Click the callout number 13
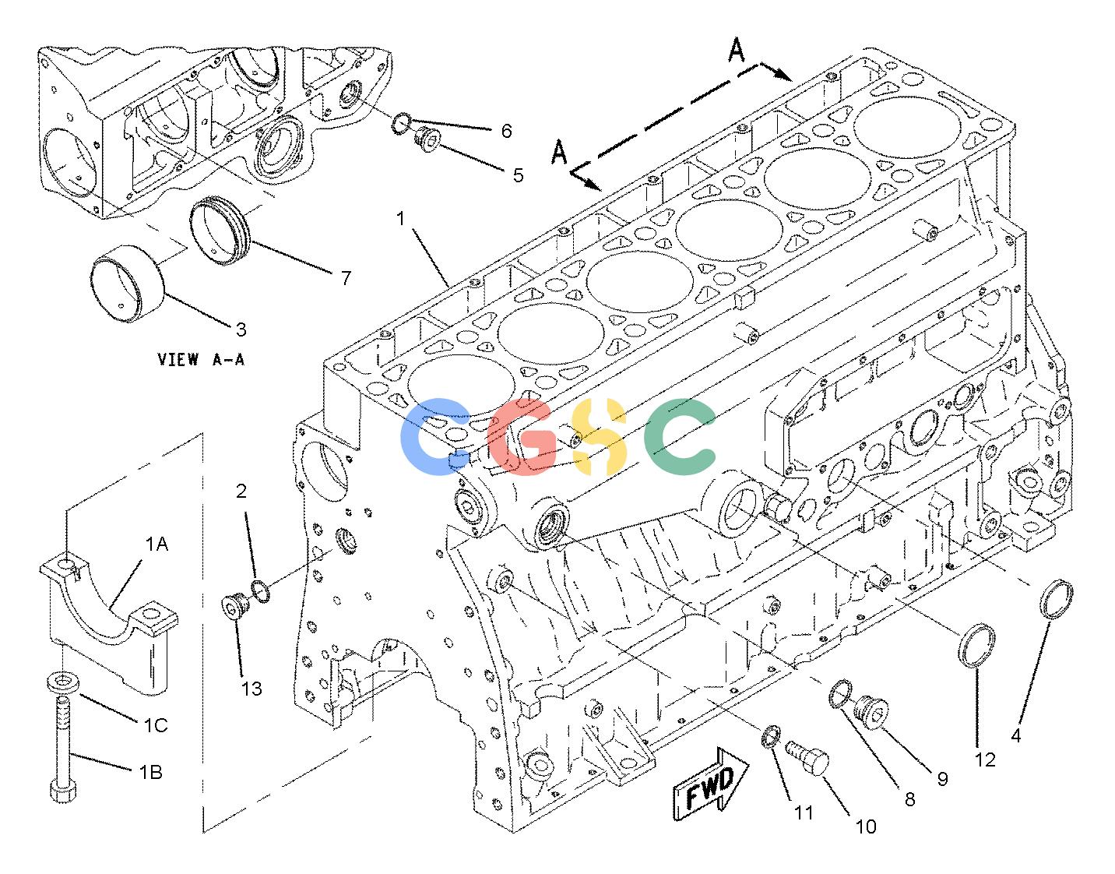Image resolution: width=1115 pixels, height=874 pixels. click(251, 689)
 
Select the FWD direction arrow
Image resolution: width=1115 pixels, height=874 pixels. click(711, 784)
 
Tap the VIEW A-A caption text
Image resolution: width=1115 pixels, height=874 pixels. click(201, 359)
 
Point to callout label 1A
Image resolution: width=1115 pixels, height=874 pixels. click(157, 544)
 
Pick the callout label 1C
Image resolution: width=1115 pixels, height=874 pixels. click(155, 725)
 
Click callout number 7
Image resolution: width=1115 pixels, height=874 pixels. click(346, 277)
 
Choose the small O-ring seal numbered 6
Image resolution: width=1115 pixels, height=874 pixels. click(401, 124)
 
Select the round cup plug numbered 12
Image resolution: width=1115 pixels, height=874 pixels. click(976, 646)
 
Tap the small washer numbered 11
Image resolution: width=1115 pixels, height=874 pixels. click(771, 737)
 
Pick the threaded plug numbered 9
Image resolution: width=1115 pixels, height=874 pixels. click(871, 711)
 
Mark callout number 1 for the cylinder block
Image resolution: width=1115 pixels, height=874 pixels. click(400, 219)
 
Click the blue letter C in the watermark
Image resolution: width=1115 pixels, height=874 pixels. click(435, 436)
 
